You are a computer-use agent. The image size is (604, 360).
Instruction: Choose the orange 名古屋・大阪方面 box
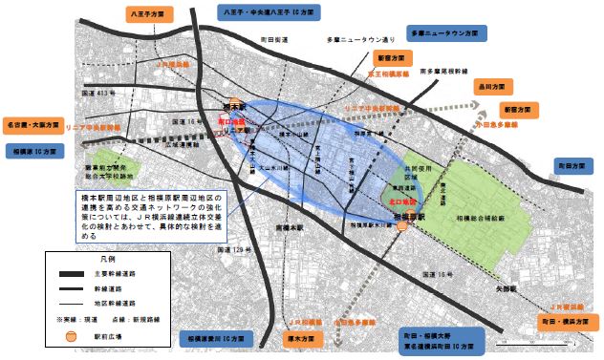point(32,125)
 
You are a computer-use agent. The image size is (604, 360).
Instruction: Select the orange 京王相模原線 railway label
point(392,73)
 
